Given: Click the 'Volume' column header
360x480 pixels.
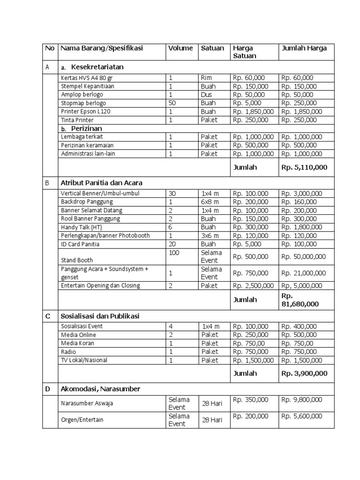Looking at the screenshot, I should click(x=180, y=48).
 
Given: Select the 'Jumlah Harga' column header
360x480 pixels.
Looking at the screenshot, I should click(x=303, y=48).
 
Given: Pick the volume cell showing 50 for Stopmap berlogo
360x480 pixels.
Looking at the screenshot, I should click(x=173, y=103).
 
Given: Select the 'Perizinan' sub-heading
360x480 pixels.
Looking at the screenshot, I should click(x=86, y=128).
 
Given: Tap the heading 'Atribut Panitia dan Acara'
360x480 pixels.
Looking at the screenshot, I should click(x=101, y=183).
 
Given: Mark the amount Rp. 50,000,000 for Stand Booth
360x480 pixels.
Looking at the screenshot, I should click(x=303, y=256).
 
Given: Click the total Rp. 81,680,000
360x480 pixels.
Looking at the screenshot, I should click(x=300, y=300).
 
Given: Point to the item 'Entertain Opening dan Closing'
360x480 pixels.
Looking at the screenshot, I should click(x=100, y=285).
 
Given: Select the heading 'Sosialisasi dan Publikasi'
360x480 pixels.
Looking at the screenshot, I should click(x=100, y=316).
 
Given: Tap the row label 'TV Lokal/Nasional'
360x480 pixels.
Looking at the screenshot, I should click(x=84, y=360).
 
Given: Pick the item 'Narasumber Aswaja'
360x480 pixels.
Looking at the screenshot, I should click(x=87, y=403).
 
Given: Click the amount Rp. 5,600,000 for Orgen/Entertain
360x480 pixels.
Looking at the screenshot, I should click(x=301, y=416).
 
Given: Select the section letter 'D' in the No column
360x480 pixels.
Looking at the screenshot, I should click(x=48, y=389).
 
